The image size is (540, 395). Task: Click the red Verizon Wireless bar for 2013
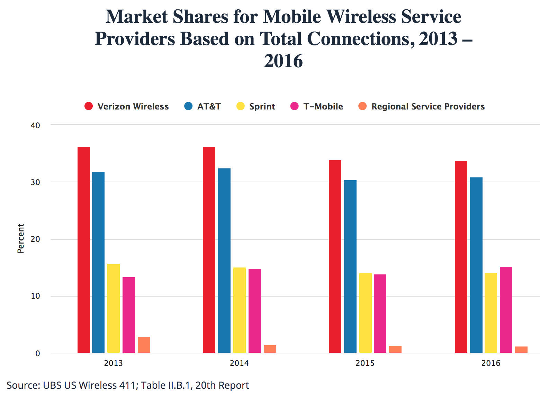[84, 249]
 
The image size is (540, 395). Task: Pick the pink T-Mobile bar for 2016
[506, 310]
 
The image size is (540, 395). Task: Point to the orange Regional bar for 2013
[144, 345]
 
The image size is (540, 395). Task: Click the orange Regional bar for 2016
[521, 350]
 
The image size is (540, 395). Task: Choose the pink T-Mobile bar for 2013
[129, 315]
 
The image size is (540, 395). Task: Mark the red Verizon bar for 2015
[335, 256]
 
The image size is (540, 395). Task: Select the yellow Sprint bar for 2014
[240, 310]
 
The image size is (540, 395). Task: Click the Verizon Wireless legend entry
[133, 106]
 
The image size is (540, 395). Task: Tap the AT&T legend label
[209, 106]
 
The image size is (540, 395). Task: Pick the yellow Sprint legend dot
[241, 106]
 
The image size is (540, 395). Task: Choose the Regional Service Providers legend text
[428, 106]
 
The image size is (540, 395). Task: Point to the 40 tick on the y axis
[36, 125]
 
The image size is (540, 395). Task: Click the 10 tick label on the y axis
[36, 296]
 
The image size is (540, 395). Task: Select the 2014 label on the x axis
[239, 363]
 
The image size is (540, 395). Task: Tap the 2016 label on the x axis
[491, 363]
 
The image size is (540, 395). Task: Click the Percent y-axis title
[21, 238]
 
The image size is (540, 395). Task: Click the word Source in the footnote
[23, 385]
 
